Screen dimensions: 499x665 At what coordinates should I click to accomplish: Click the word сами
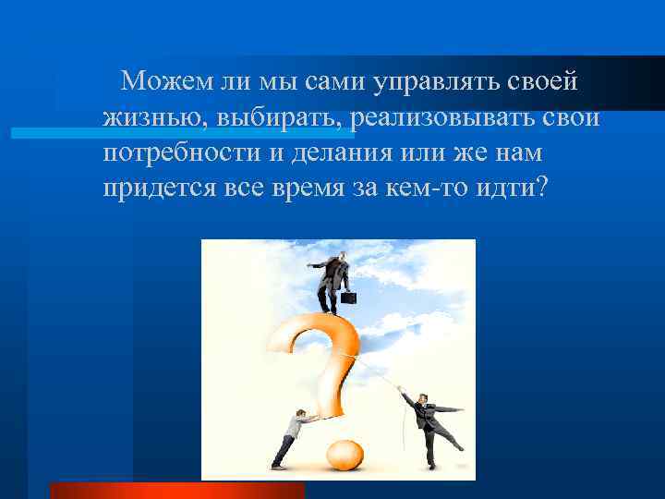tap(331, 82)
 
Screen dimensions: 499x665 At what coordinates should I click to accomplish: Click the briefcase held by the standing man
tap(350, 298)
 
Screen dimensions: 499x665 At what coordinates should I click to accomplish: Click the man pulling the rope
tap(426, 425)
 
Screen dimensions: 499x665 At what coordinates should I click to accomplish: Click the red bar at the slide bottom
tap(176, 490)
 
